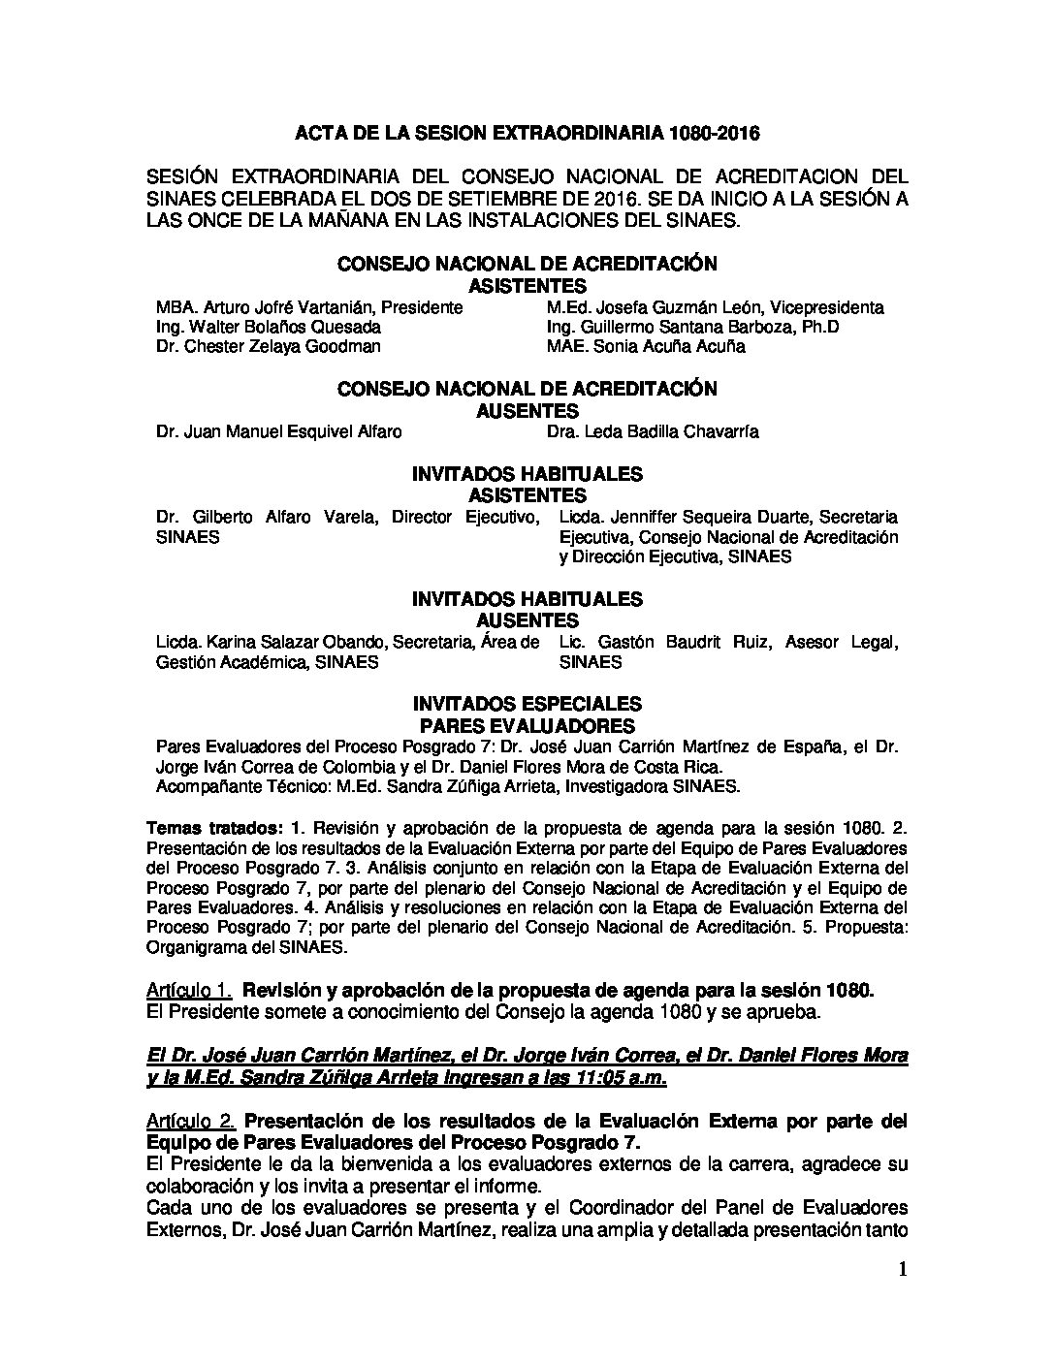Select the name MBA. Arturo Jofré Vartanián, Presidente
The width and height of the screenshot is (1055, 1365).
(x=308, y=307)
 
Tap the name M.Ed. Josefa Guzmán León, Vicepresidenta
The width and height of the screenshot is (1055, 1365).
(x=715, y=307)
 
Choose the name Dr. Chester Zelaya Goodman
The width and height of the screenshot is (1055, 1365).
(x=268, y=346)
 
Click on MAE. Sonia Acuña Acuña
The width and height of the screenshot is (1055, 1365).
(x=646, y=346)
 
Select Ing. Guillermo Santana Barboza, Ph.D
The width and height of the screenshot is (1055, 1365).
(x=692, y=327)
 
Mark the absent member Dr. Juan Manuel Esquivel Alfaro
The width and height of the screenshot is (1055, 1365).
(x=278, y=431)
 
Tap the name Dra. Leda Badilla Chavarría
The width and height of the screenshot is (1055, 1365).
(x=653, y=431)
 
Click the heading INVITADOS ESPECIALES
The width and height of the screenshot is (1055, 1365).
(x=527, y=703)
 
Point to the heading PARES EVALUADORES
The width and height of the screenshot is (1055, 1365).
(x=527, y=726)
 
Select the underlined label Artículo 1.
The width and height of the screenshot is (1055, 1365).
(x=189, y=990)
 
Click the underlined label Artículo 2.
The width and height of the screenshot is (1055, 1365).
(x=189, y=1122)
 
